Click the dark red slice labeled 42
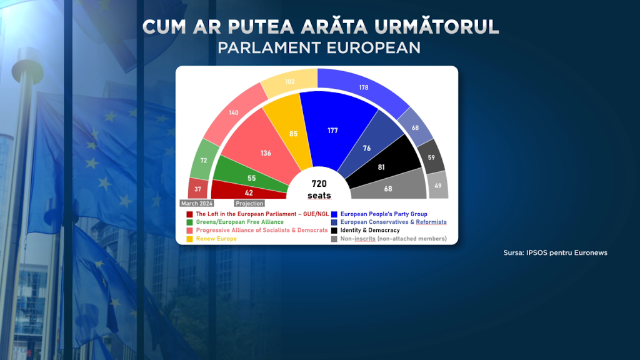pos(248,191)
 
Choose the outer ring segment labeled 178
pos(363,87)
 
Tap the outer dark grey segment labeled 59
pos(431,157)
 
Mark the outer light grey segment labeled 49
pos(438,186)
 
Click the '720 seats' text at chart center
pos(319,189)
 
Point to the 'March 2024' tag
pos(197,203)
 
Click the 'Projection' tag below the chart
pos(249,203)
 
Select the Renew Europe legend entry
pos(211,239)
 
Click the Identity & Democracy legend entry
pos(365,230)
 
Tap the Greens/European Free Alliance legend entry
pos(235,222)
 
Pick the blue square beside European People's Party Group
pos(334,214)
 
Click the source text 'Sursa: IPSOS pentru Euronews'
pos(555,252)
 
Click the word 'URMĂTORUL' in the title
pos(436,26)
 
